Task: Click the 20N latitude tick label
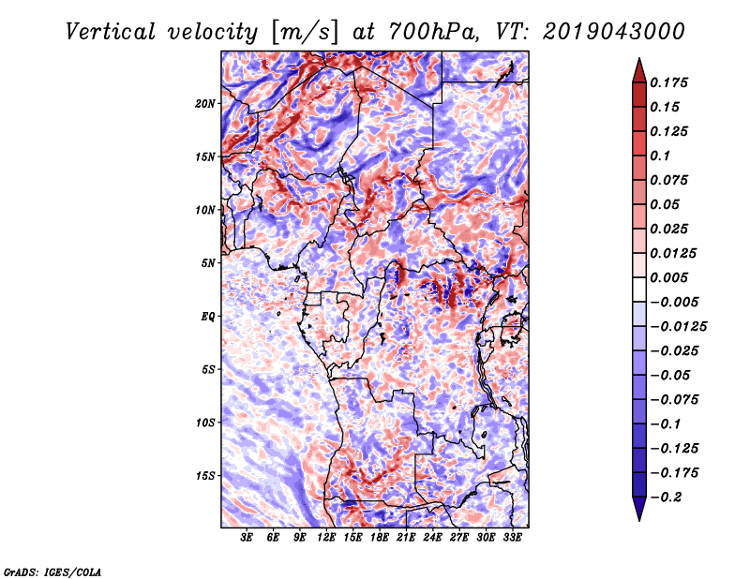pyautogui.click(x=205, y=104)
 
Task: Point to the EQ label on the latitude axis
pyautogui.click(x=208, y=317)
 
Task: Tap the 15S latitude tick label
pyautogui.click(x=205, y=476)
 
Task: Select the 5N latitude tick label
pyautogui.click(x=208, y=263)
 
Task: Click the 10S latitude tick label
pyautogui.click(x=205, y=423)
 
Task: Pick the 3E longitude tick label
pyautogui.click(x=247, y=538)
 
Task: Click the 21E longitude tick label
pyautogui.click(x=406, y=538)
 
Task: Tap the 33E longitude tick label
pyautogui.click(x=512, y=538)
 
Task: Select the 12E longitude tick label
pyautogui.click(x=326, y=538)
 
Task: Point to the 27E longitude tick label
pyautogui.click(x=458, y=538)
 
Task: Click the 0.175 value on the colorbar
pyautogui.click(x=668, y=82)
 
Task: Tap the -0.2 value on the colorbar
pyautogui.click(x=666, y=497)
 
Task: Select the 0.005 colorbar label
pyautogui.click(x=668, y=277)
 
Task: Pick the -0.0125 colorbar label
pyautogui.click(x=678, y=327)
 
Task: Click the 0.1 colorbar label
pyautogui.click(x=660, y=156)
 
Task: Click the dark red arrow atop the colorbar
pyautogui.click(x=639, y=71)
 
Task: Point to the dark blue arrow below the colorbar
pyautogui.click(x=639, y=508)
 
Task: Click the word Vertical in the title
pyautogui.click(x=110, y=32)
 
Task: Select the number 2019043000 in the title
pyautogui.click(x=614, y=32)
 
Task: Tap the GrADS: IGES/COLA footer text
pyautogui.click(x=52, y=572)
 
